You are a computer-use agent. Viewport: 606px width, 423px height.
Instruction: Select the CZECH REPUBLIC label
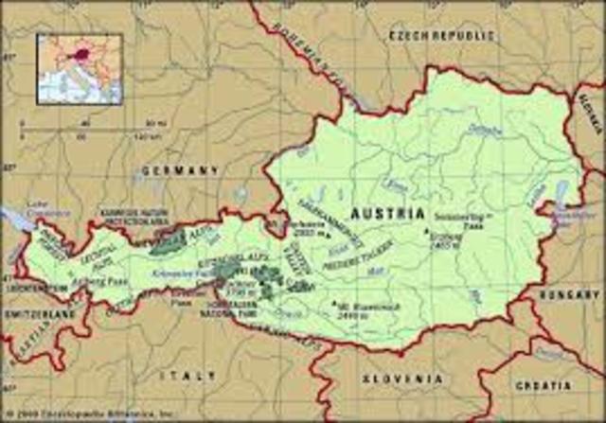[441, 35]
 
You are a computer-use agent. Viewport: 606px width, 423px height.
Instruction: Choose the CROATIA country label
[542, 386]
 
